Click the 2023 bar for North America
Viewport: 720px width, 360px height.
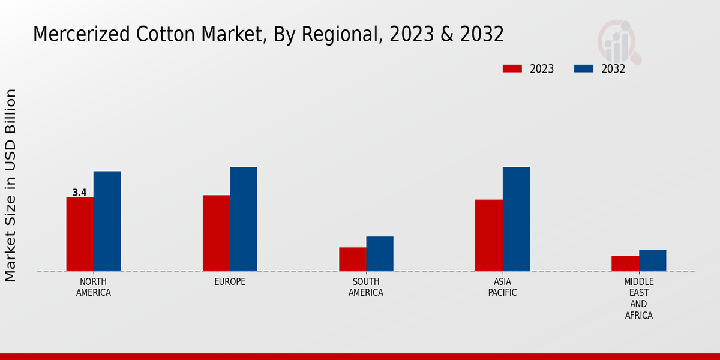point(80,234)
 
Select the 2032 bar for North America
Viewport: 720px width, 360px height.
point(107,221)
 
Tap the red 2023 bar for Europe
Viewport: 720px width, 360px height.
point(216,233)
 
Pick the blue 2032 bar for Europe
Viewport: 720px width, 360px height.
point(243,219)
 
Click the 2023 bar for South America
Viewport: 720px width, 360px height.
point(352,259)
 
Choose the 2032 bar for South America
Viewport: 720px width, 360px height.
point(380,254)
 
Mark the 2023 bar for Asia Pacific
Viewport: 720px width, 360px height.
point(488,235)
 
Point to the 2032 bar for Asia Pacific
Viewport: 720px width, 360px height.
point(516,219)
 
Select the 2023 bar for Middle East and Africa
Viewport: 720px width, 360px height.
point(625,263)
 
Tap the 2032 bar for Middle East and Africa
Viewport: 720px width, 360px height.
point(652,260)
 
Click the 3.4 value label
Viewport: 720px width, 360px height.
point(79,193)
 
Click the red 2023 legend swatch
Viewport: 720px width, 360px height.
point(512,69)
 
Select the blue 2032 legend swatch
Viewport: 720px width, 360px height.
point(584,69)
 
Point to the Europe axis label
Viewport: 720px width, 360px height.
point(230,281)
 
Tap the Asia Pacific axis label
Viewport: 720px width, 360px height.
point(502,287)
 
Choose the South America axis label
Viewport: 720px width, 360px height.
point(366,287)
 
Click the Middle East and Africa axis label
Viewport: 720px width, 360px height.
point(638,298)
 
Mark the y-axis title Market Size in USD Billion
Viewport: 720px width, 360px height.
point(11,185)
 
